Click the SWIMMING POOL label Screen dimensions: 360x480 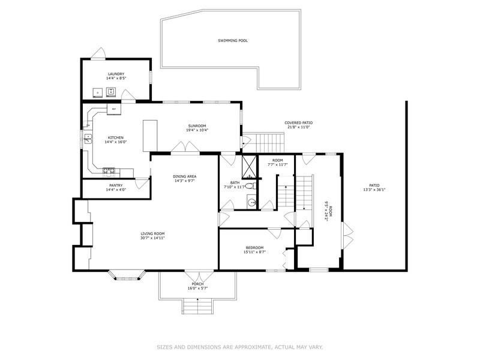point(233,41)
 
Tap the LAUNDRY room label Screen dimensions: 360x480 point(116,74)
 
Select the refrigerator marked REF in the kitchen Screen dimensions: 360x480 point(113,109)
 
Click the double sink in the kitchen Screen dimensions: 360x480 point(88,139)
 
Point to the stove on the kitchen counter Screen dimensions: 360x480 point(109,170)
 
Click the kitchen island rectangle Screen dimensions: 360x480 point(149,135)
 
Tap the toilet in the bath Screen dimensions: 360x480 point(250,187)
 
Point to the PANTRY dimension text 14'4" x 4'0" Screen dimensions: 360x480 point(115,190)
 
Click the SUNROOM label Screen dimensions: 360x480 point(197,126)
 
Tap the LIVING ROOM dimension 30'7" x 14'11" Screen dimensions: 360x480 point(152,238)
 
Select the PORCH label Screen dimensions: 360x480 point(197,284)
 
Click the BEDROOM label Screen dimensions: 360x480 point(254,248)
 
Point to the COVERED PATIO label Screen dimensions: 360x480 point(298,122)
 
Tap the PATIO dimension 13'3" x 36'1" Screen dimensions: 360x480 point(374,190)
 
